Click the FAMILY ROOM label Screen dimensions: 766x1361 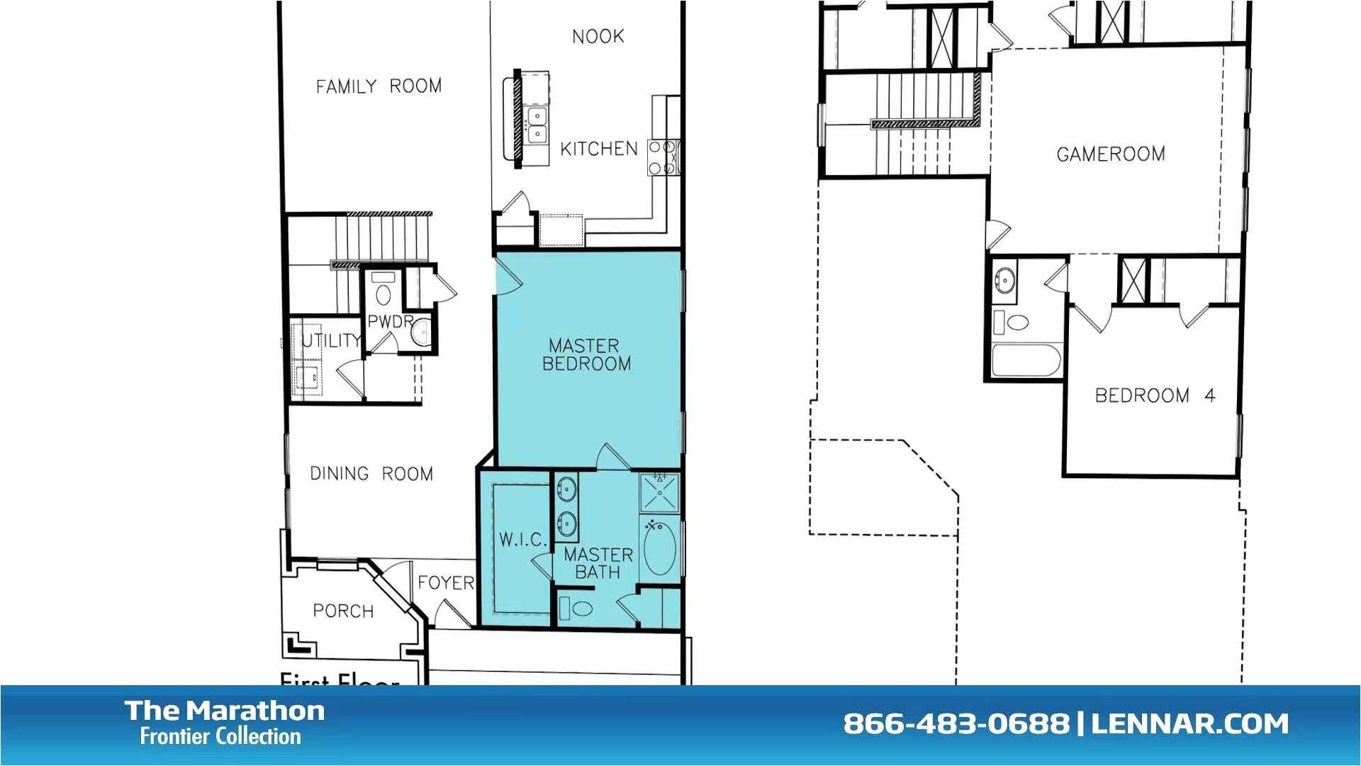click(x=379, y=87)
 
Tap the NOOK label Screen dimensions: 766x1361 click(x=598, y=36)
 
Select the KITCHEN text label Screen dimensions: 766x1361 click(x=599, y=149)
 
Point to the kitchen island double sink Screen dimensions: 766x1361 click(x=537, y=124)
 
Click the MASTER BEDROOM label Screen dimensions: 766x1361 click(x=586, y=355)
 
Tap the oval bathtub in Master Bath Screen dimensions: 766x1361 click(x=659, y=548)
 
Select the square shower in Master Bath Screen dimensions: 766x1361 click(x=659, y=492)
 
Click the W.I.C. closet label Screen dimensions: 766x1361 click(x=522, y=540)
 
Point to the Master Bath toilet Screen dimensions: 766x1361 click(x=577, y=609)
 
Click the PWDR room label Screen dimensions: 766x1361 click(x=389, y=321)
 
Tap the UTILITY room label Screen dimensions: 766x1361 click(x=330, y=340)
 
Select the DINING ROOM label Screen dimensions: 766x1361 click(x=371, y=474)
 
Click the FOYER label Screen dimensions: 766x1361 click(x=445, y=582)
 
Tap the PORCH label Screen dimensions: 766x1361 click(x=343, y=611)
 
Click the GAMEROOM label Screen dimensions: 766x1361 click(x=1110, y=154)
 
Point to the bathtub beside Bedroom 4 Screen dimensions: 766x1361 click(x=1026, y=360)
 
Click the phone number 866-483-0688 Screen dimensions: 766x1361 click(x=956, y=723)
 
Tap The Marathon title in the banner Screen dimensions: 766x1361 click(x=225, y=711)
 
